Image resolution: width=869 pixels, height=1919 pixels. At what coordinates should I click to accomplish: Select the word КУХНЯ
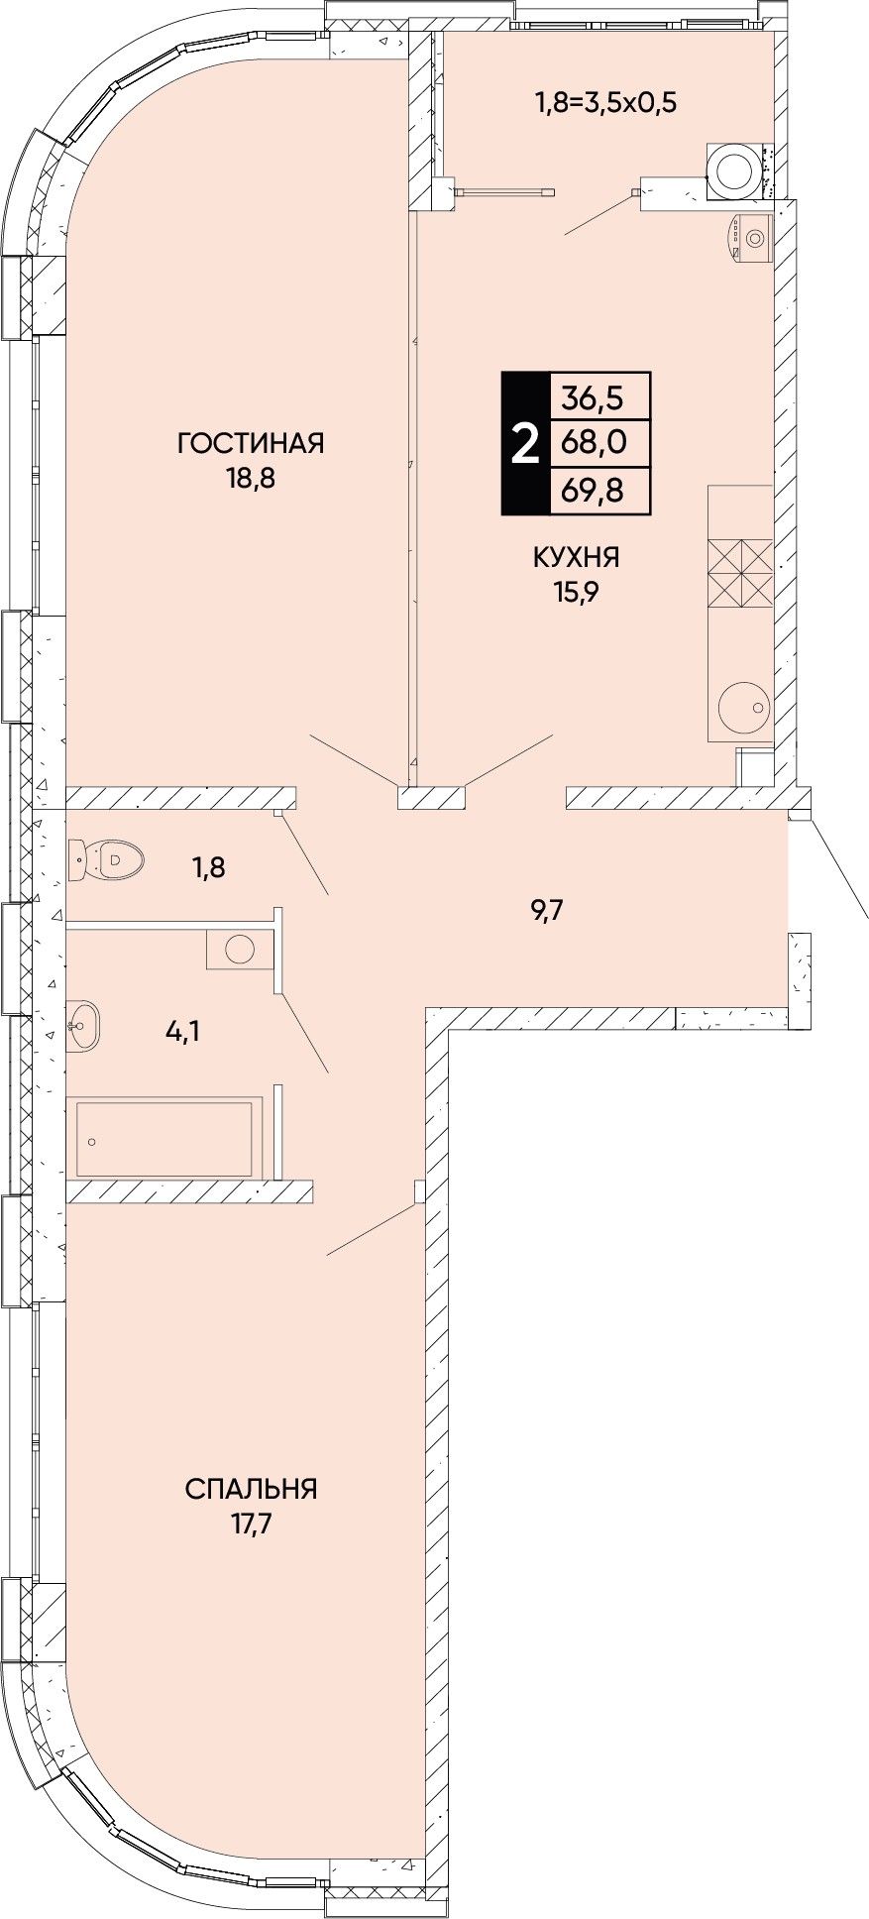577,558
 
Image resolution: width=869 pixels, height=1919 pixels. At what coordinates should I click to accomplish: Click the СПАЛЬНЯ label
251,1489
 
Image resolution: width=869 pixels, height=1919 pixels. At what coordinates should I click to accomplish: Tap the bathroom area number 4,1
182,1033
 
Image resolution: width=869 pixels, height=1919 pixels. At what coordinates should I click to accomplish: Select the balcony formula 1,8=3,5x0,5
605,102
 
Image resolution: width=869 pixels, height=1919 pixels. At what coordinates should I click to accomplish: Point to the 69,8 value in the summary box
594,489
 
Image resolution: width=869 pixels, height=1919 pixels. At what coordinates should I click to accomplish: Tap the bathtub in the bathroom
164,1137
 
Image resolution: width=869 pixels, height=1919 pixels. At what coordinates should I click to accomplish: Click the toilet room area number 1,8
208,868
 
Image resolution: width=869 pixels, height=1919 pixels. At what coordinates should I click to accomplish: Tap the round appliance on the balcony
735,168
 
